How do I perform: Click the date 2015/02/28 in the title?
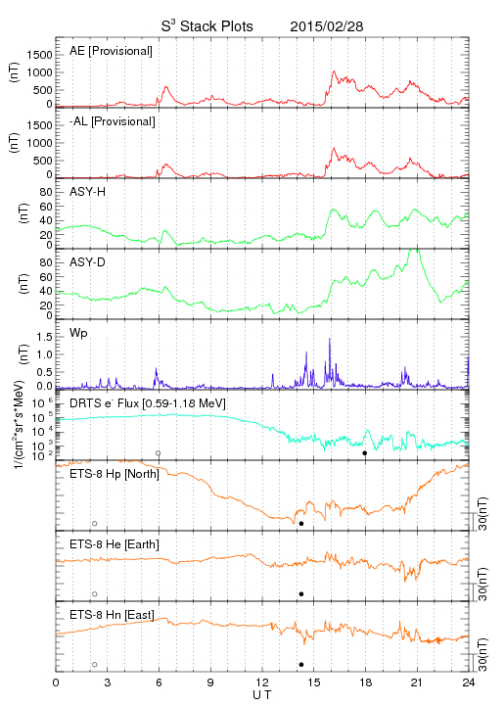coord(327,26)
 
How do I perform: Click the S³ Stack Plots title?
coord(207,26)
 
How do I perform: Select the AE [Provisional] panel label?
coord(111,51)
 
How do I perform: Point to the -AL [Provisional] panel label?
coord(113,121)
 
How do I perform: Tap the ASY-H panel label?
coord(88,192)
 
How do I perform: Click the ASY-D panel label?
coord(88,262)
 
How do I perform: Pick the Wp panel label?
coord(78,333)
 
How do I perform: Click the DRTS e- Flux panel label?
coord(148,403)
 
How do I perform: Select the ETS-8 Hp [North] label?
coord(115,474)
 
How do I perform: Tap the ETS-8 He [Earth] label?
coord(115,544)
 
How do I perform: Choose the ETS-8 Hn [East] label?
coord(112,615)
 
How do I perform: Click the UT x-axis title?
coord(262,695)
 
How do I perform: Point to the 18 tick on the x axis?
coord(366,682)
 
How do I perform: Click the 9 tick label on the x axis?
coord(210,682)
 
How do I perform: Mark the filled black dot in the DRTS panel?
coord(365,453)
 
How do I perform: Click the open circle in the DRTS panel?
coord(159,453)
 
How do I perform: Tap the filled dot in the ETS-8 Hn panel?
coord(301,665)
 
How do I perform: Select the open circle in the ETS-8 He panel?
coord(95,594)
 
